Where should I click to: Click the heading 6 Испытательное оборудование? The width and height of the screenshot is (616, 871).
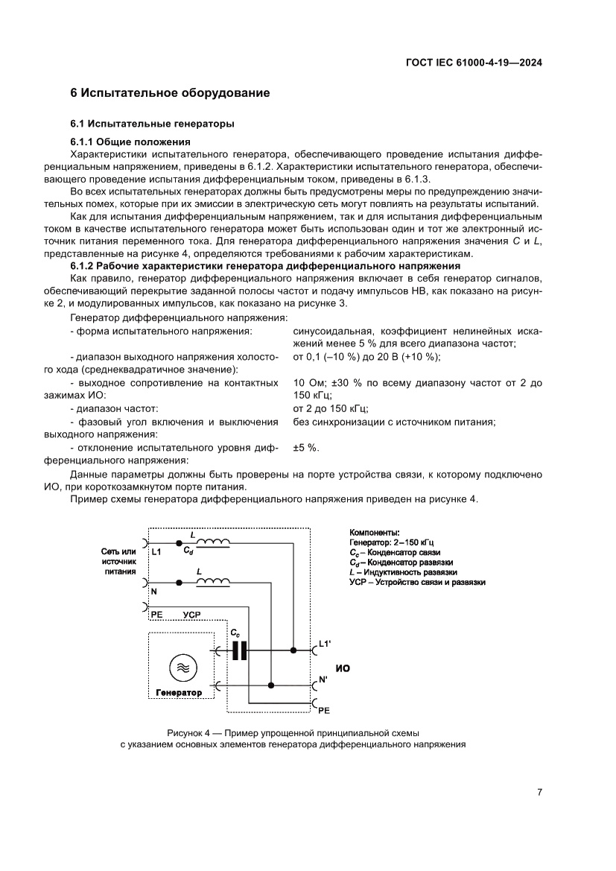(x=170, y=93)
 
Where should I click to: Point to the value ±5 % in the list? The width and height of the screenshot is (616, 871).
(x=306, y=447)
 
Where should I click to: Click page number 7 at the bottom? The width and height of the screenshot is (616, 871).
(x=539, y=792)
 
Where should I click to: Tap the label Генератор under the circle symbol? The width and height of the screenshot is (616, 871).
(x=179, y=693)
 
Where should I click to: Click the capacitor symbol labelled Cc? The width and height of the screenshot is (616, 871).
(x=238, y=650)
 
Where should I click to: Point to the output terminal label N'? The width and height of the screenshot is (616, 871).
(x=323, y=680)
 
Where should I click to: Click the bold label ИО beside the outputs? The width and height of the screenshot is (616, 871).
(x=343, y=668)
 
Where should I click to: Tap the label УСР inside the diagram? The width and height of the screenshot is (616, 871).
(x=191, y=615)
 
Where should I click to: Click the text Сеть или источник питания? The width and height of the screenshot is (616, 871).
(x=119, y=562)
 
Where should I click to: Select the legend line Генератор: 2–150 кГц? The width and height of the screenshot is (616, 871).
(x=391, y=542)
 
